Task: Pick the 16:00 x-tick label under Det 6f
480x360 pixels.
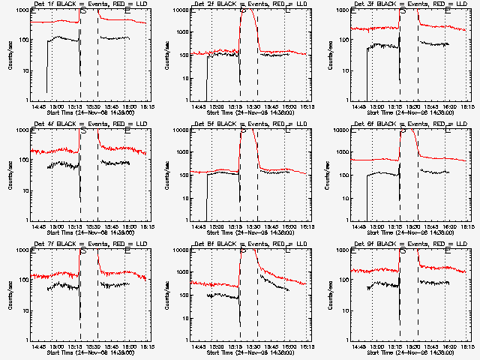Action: [x=448, y=226]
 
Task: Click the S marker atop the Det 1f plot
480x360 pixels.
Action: [x=84, y=11]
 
